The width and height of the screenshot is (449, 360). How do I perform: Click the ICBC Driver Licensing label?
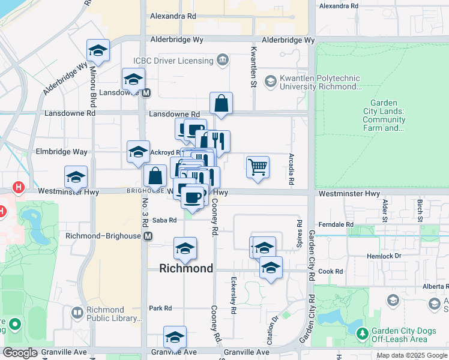(x=173, y=61)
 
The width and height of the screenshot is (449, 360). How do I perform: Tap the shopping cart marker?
(x=258, y=167)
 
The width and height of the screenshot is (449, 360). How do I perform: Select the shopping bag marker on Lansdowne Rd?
(x=221, y=103)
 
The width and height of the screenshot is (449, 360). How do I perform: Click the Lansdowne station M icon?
(x=146, y=93)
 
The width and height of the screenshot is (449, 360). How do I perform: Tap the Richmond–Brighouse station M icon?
(x=147, y=236)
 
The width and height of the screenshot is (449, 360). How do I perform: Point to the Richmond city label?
(x=186, y=268)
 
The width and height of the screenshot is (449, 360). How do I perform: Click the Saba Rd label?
(x=164, y=220)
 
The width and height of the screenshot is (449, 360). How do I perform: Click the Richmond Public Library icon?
(x=77, y=313)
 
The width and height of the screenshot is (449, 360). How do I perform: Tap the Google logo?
(x=20, y=353)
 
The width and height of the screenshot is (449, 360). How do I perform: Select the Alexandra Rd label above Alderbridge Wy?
(x=173, y=16)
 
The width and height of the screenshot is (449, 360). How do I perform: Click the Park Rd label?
(x=160, y=308)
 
